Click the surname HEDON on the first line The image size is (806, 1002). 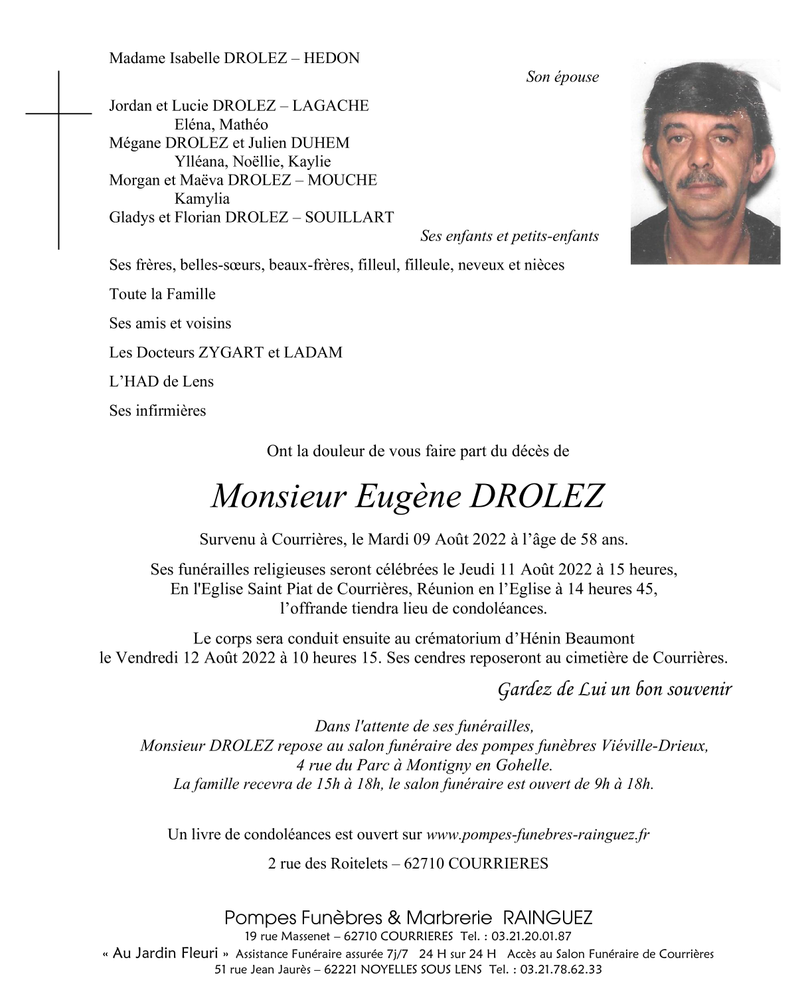pos(331,58)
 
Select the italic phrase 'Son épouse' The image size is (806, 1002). pos(562,77)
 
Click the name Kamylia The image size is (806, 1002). pos(202,199)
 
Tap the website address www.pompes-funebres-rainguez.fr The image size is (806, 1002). pos(537,835)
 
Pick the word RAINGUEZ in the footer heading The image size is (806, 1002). pos(548,918)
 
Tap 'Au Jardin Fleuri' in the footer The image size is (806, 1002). pos(165,954)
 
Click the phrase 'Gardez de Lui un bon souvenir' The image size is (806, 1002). pos(614,690)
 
